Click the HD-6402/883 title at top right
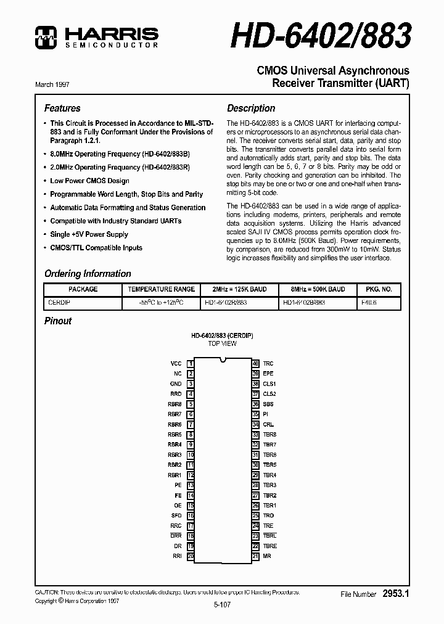point(321,35)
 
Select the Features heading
point(62,108)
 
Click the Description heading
point(251,108)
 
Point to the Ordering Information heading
point(88,274)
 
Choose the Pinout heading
point(58,321)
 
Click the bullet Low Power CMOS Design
point(89,181)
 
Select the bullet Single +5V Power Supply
point(89,234)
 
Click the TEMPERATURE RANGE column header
point(161,289)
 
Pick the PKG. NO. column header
point(378,289)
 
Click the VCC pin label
point(176,364)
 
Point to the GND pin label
point(176,384)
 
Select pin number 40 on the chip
point(255,364)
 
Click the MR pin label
point(267,556)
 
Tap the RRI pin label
point(176,556)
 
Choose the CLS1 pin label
point(269,384)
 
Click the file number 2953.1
point(396,594)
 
